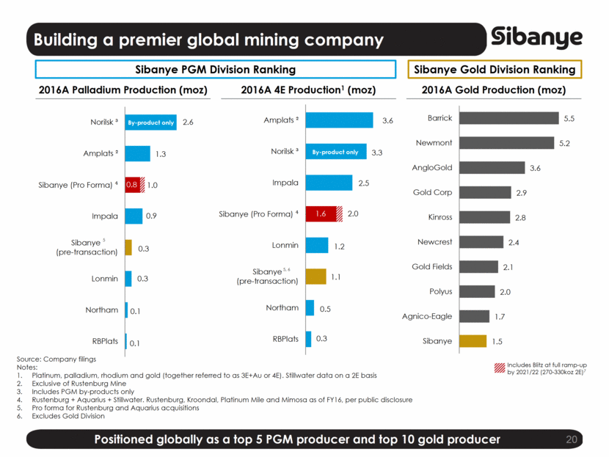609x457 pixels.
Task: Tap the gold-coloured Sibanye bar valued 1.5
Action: tap(473, 341)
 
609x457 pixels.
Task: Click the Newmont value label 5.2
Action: tap(564, 143)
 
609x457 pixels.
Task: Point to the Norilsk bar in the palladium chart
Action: tap(151, 122)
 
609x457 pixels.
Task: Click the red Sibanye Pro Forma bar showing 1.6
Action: tap(321, 213)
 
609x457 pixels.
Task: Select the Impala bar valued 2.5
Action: tap(329, 183)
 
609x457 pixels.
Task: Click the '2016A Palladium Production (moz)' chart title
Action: tap(122, 90)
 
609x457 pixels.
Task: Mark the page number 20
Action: tap(573, 439)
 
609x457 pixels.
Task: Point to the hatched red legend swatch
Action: tap(500, 365)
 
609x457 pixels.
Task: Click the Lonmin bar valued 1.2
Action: tap(316, 246)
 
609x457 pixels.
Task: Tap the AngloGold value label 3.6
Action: tap(535, 168)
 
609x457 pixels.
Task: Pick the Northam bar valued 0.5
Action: tap(310, 308)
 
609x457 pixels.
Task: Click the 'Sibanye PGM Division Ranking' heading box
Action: tap(216, 70)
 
